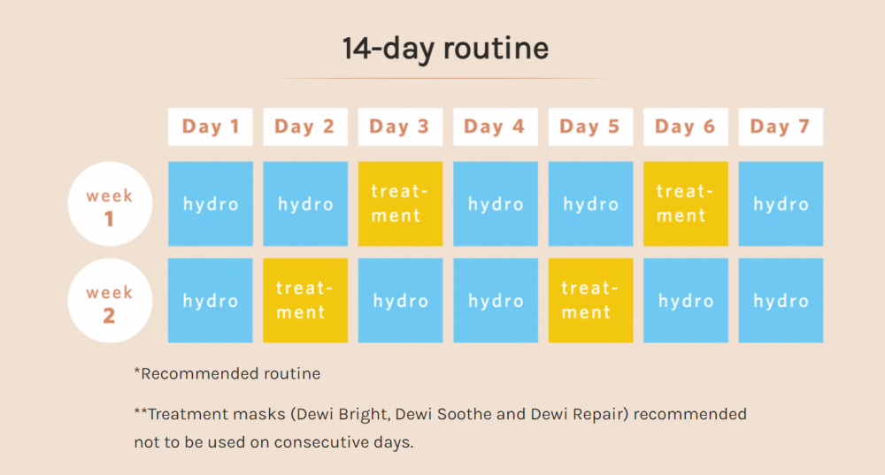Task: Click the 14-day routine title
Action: click(445, 49)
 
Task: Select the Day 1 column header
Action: click(210, 126)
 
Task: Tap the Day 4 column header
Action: click(496, 126)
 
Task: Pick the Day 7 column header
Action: click(781, 126)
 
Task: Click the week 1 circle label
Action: click(110, 203)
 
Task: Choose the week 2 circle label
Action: click(110, 301)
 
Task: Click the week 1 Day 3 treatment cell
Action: click(400, 203)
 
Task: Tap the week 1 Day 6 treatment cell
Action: click(686, 203)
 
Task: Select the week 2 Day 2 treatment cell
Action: click(305, 301)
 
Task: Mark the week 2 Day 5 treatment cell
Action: click(590, 301)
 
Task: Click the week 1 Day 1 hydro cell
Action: click(210, 203)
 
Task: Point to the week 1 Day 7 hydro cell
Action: click(781, 203)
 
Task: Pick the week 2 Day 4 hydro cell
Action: click(496, 301)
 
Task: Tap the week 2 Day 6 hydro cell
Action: click(686, 301)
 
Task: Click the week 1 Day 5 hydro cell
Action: click(590, 203)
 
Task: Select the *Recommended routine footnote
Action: click(227, 373)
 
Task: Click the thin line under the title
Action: click(445, 78)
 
